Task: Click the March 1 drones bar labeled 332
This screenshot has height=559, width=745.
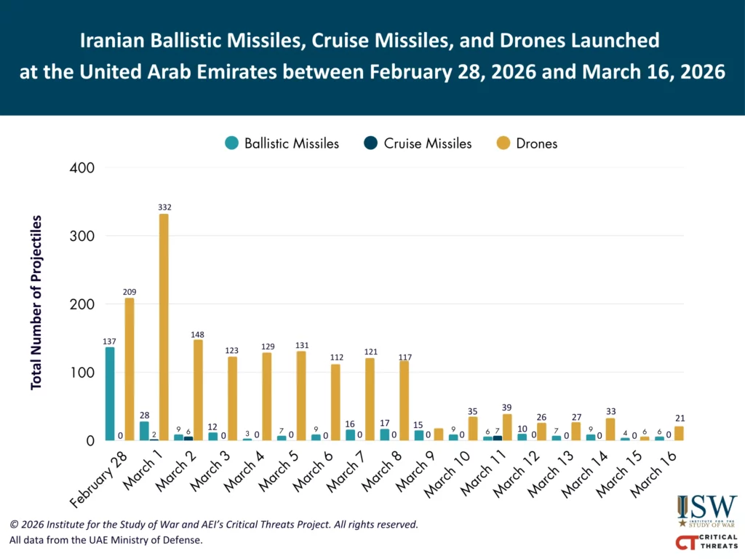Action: coord(164,327)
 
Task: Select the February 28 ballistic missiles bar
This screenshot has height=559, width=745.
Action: coord(110,394)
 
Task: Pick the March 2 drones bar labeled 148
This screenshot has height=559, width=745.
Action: coord(198,390)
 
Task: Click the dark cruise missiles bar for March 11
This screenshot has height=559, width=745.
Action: coord(498,438)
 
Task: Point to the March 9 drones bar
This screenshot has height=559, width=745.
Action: coord(439,435)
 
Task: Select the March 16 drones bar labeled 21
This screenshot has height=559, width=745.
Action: coord(679,434)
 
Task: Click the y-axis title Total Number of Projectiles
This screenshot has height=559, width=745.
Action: coord(36,302)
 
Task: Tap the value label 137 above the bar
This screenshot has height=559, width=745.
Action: coord(110,341)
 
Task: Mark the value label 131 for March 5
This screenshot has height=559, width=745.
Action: coord(301,345)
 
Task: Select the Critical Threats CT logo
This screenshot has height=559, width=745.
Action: coord(707,542)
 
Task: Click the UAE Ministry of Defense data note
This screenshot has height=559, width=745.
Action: coord(105,540)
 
